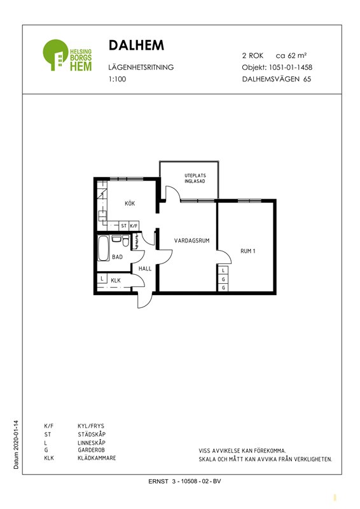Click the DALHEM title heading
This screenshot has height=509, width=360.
(x=136, y=45)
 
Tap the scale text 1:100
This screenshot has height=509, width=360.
(x=117, y=79)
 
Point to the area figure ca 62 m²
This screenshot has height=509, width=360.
(x=291, y=55)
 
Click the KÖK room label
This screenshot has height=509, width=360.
(x=130, y=204)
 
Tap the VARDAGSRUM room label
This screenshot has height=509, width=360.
(x=192, y=241)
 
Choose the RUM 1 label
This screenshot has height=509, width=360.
(x=247, y=251)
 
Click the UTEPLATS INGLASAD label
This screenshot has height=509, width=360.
(x=195, y=178)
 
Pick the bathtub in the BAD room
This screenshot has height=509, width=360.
(x=104, y=248)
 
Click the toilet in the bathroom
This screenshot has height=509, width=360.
(x=126, y=241)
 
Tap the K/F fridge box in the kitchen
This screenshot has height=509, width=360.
(x=134, y=226)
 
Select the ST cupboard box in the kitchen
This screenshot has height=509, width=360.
(x=123, y=226)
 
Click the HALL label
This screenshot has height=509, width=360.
(x=145, y=268)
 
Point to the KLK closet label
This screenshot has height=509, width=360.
(x=116, y=281)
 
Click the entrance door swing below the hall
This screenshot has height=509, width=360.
(x=144, y=300)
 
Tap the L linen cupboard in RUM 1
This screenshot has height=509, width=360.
(x=223, y=270)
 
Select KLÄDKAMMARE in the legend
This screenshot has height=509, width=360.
(x=97, y=458)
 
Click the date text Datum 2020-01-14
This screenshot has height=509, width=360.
(x=17, y=445)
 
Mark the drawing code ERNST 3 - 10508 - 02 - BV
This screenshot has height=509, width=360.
(x=184, y=482)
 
